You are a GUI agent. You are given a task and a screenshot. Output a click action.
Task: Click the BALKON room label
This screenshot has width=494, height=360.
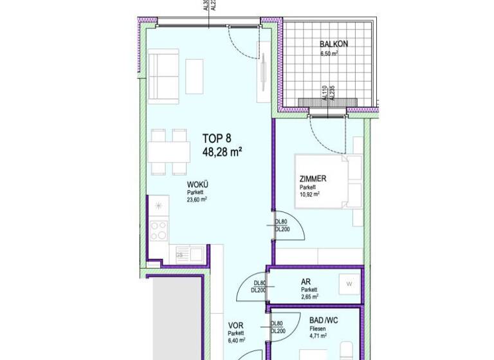[x=334, y=44]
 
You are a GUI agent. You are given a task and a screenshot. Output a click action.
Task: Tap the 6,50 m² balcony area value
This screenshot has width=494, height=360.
[x=329, y=53]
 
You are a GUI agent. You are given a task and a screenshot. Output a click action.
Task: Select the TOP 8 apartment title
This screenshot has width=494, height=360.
[x=216, y=138]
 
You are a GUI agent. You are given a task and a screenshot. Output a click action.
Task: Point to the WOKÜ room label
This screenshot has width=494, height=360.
[x=197, y=184]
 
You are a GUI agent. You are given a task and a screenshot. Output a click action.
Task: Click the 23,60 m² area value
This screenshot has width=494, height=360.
[x=197, y=200]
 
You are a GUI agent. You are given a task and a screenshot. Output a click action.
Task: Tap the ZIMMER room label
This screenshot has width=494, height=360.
[x=313, y=179]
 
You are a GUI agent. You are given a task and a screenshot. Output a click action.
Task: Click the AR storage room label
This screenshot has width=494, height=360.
[x=306, y=282]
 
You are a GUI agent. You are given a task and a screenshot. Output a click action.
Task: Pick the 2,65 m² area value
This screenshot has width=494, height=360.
[x=309, y=297]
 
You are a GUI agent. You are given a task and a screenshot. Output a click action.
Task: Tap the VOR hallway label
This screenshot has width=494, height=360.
[x=235, y=325]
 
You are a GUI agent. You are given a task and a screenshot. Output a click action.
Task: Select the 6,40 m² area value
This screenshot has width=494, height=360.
[x=236, y=341]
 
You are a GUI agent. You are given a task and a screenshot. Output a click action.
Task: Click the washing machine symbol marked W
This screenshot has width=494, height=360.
[x=349, y=283]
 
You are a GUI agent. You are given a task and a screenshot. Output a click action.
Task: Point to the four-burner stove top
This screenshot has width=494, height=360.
[x=158, y=230]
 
